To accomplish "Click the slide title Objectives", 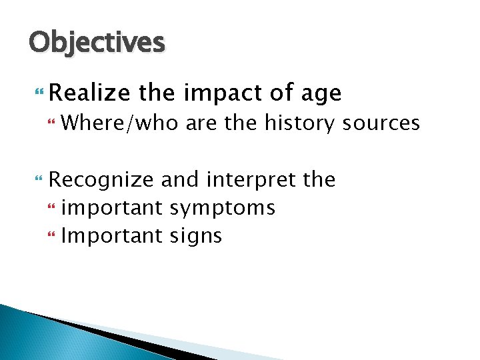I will point(96,43).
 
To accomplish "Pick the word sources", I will point(381,123).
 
